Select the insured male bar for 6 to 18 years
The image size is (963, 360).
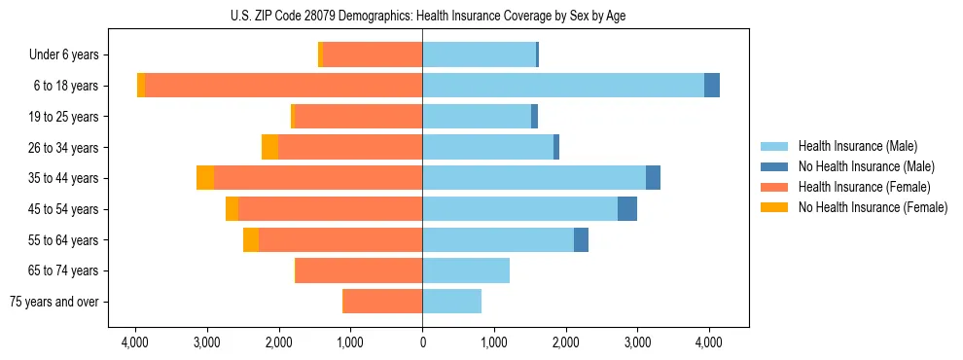pyautogui.click(x=563, y=86)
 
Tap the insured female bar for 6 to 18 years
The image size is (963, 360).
pyautogui.click(x=283, y=86)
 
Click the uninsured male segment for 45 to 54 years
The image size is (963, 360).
pyautogui.click(x=627, y=209)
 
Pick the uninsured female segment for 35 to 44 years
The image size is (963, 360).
pyautogui.click(x=205, y=178)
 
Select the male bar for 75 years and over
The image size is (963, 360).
pyautogui.click(x=451, y=302)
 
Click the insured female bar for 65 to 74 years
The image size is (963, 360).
pyautogui.click(x=359, y=270)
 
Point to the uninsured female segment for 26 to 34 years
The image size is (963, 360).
pyautogui.click(x=269, y=147)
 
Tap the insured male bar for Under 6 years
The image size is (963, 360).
pyautogui.click(x=479, y=54)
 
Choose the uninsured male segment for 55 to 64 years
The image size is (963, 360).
pyautogui.click(x=581, y=239)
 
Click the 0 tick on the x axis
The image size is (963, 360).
pyautogui.click(x=422, y=342)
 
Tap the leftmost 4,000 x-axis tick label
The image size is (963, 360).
pyautogui.click(x=134, y=342)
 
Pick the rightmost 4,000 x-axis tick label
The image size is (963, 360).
pyautogui.click(x=709, y=342)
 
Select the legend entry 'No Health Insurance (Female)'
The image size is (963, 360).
pyautogui.click(x=873, y=207)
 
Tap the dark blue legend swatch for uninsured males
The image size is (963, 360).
pyautogui.click(x=774, y=166)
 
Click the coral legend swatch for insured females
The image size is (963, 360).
pyautogui.click(x=774, y=187)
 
